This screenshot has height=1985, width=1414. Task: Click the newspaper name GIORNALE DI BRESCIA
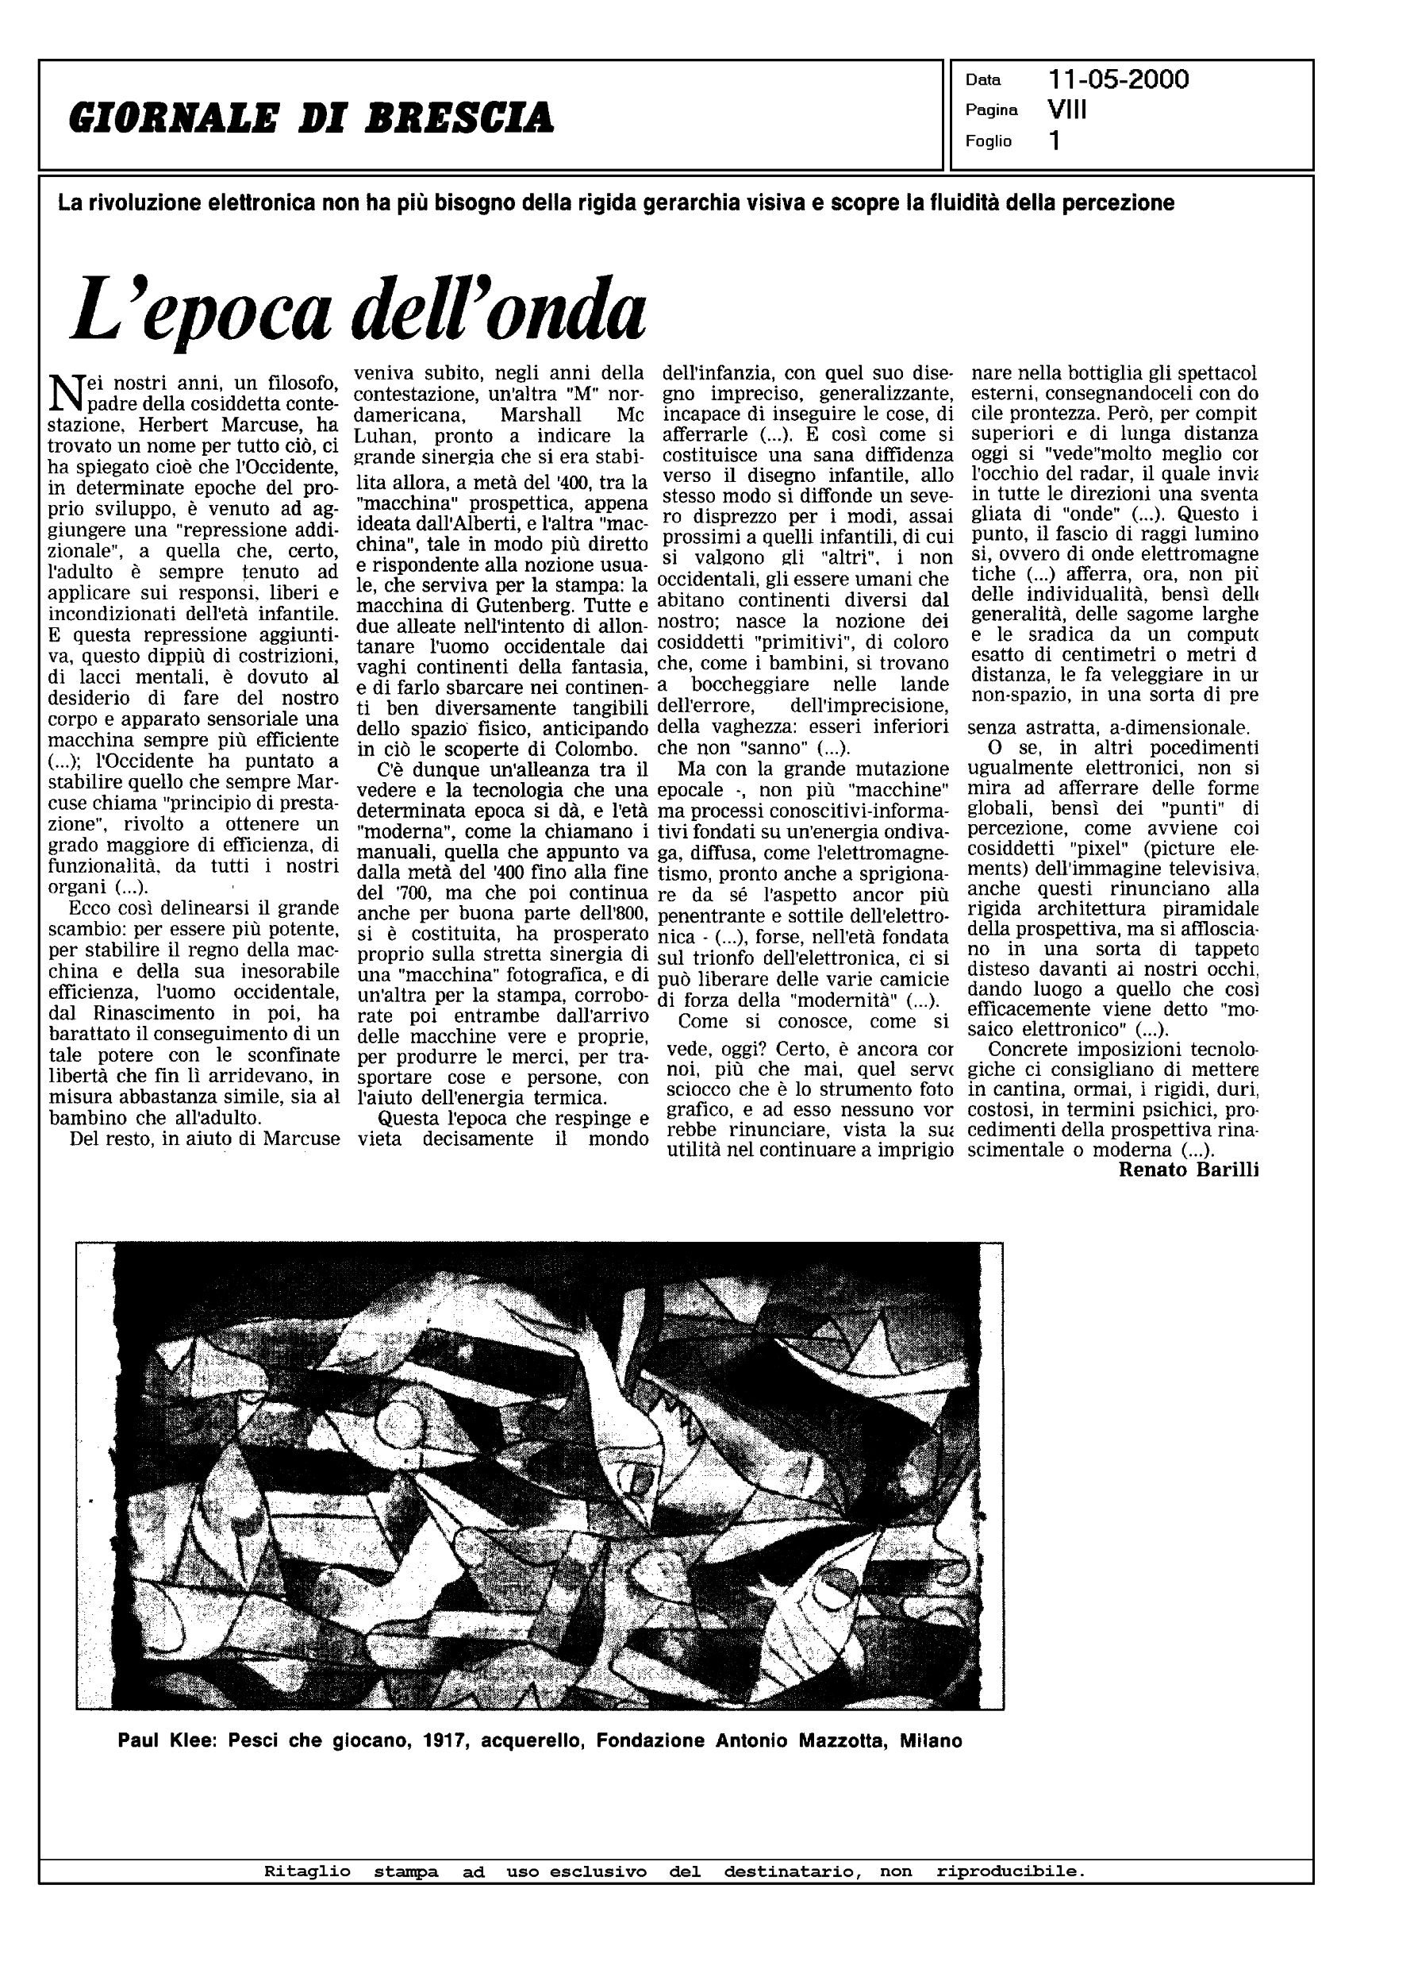pyautogui.click(x=311, y=118)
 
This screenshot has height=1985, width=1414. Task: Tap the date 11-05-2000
pyautogui.click(x=1118, y=80)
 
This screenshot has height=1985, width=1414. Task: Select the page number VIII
pyautogui.click(x=1067, y=110)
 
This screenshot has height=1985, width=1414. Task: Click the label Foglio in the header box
pyautogui.click(x=988, y=141)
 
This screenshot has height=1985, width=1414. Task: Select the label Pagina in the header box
pyautogui.click(x=991, y=110)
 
